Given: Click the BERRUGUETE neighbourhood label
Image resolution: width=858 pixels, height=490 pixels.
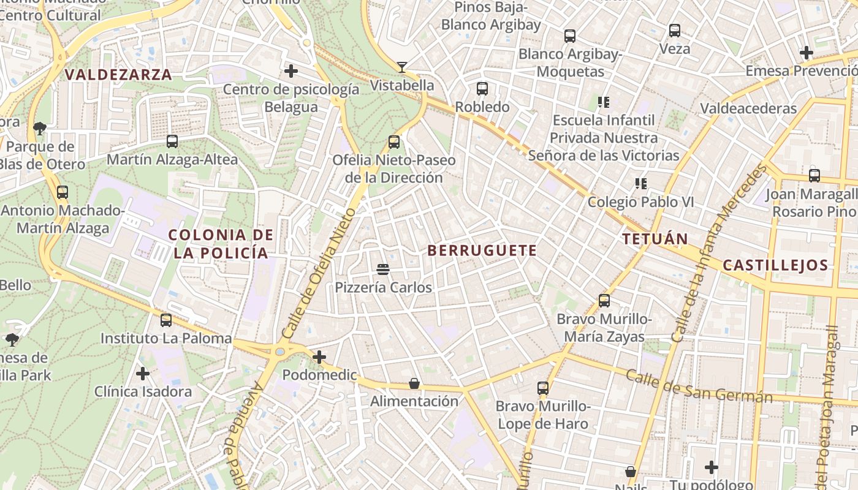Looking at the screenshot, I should pyautogui.click(x=482, y=251).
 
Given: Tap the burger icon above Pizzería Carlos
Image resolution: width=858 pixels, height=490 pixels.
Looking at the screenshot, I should pyautogui.click(x=384, y=269).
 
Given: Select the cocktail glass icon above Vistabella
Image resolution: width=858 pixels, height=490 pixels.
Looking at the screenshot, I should pyautogui.click(x=402, y=67).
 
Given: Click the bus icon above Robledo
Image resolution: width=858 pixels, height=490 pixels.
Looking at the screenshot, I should pyautogui.click(x=482, y=89).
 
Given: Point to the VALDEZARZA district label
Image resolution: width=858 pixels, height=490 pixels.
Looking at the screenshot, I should pyautogui.click(x=118, y=75).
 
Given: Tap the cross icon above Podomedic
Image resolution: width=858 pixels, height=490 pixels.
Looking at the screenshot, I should pyautogui.click(x=319, y=356).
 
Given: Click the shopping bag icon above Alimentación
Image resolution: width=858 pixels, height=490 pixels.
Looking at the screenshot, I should pyautogui.click(x=414, y=383).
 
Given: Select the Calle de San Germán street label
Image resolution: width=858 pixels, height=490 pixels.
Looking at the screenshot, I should pyautogui.click(x=699, y=386).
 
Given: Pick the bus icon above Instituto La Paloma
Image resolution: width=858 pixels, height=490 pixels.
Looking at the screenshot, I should pyautogui.click(x=166, y=320).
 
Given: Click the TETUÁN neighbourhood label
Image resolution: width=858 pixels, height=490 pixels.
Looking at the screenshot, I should pyautogui.click(x=655, y=239).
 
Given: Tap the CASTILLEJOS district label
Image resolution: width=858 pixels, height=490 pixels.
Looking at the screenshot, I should pyautogui.click(x=775, y=265).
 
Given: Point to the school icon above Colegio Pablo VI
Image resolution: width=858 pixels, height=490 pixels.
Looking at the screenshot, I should pyautogui.click(x=641, y=184).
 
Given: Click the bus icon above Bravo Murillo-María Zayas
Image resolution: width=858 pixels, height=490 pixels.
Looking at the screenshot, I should pyautogui.click(x=604, y=301).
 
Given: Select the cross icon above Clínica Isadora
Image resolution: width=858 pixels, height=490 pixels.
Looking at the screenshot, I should pyautogui.click(x=143, y=373).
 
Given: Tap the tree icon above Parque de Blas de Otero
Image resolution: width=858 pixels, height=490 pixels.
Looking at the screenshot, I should pyautogui.click(x=40, y=128).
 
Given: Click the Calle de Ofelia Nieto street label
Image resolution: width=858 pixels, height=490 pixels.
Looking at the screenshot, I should pyautogui.click(x=319, y=273).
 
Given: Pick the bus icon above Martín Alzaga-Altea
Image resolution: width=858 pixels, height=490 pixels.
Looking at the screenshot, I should pyautogui.click(x=172, y=141).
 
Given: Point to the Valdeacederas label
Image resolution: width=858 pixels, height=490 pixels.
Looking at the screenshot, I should pyautogui.click(x=748, y=108).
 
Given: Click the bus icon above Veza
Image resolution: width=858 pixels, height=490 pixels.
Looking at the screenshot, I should pyautogui.click(x=675, y=30).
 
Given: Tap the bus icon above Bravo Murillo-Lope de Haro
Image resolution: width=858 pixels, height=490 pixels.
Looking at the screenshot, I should pyautogui.click(x=543, y=388).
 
